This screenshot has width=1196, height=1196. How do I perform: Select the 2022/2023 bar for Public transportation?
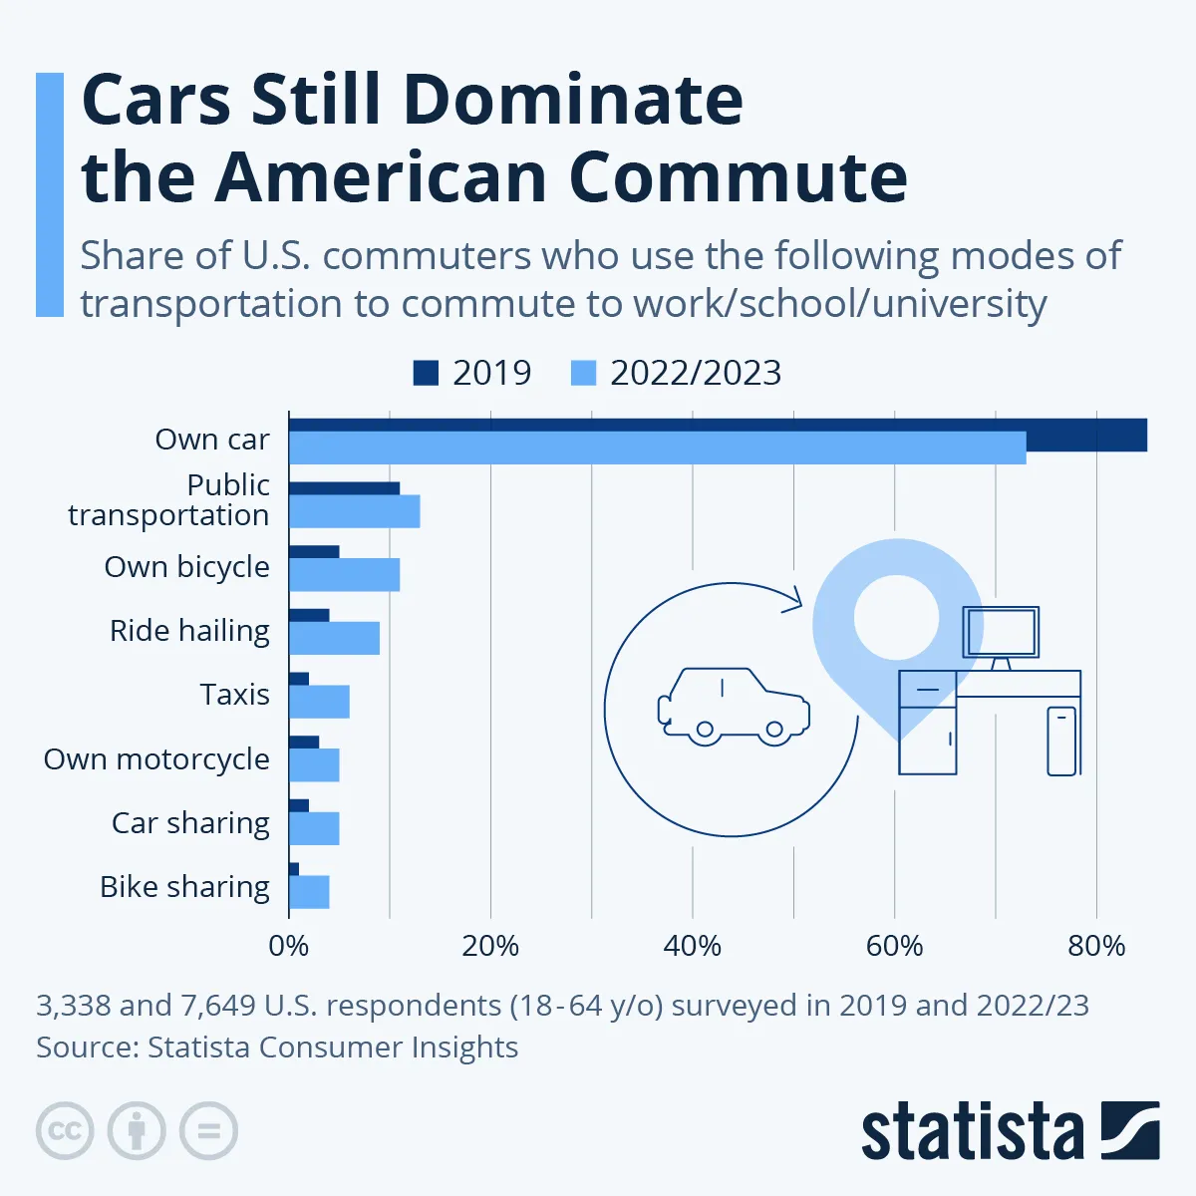click(x=354, y=511)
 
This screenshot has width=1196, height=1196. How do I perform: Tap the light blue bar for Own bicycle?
click(x=344, y=575)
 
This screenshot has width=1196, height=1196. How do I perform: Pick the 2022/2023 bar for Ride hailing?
click(x=334, y=639)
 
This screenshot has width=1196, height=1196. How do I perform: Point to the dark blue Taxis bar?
click(x=299, y=679)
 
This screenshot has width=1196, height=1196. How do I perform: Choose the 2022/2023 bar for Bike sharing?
click(x=309, y=892)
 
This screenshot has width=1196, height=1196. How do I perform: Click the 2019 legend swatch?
click(x=426, y=373)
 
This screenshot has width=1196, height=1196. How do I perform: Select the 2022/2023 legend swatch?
click(x=583, y=373)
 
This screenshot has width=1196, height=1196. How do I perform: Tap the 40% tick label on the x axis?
click(x=692, y=946)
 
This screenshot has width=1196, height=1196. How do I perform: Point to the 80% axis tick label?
click(x=1096, y=946)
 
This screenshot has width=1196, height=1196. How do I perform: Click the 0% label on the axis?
click(x=289, y=946)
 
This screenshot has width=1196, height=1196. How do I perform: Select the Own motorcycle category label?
click(x=156, y=759)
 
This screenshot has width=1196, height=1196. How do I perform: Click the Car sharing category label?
click(x=190, y=823)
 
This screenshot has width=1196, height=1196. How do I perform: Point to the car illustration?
click(x=735, y=707)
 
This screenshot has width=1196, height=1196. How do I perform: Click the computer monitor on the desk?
click(x=1001, y=632)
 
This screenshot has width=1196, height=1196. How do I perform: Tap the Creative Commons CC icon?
click(x=65, y=1131)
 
